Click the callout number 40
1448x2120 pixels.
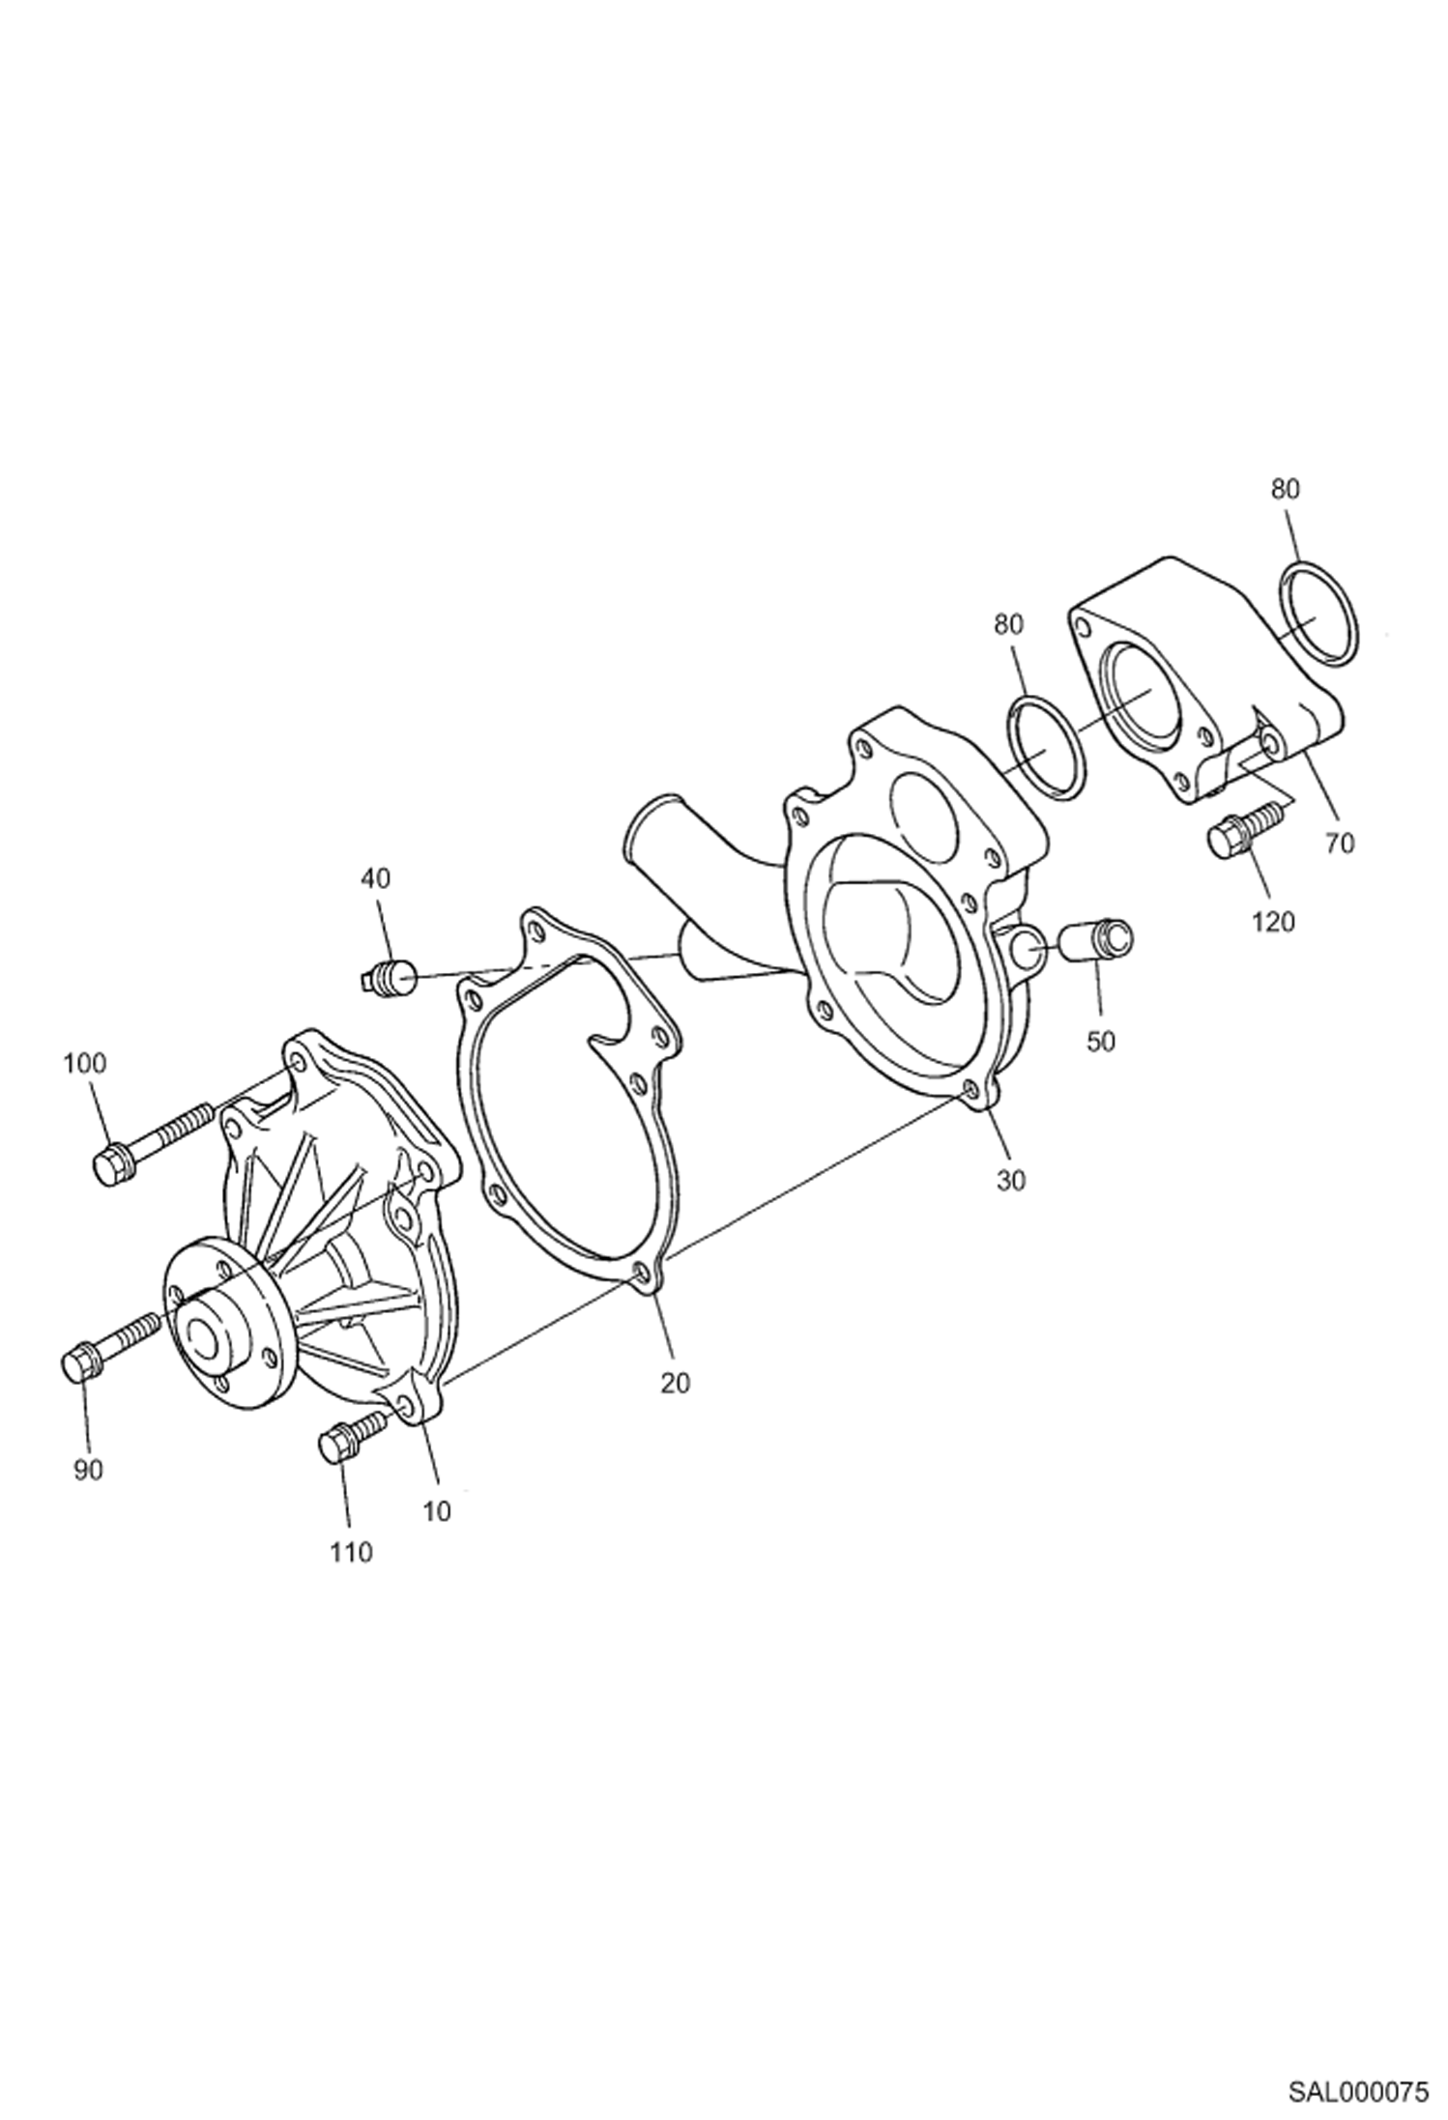(375, 877)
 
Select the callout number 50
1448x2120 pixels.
(1100, 1041)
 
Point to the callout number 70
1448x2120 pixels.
(1340, 843)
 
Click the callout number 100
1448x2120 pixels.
(85, 1064)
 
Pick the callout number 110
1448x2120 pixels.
(350, 1553)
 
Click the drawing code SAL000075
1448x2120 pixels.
(1356, 2085)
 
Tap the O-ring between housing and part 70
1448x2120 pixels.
(1046, 747)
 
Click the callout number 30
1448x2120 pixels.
(1010, 1181)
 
